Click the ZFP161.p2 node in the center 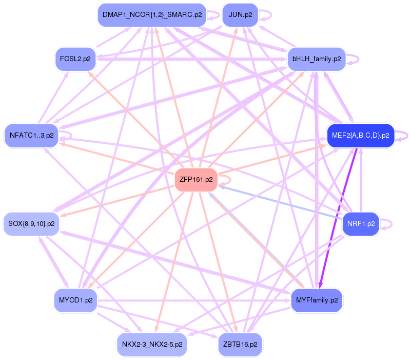pyautogui.click(x=196, y=180)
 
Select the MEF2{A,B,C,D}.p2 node pyautogui.click(x=360, y=136)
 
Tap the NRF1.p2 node pyautogui.click(x=361, y=224)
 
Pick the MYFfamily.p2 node pyautogui.click(x=317, y=300)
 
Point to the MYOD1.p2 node pyautogui.click(x=75, y=300)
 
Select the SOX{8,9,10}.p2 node pyautogui.click(x=31, y=224)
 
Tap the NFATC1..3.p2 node pyautogui.click(x=31, y=136)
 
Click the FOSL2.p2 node pyautogui.click(x=75, y=59)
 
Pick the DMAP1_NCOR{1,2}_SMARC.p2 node pyautogui.click(x=152, y=15)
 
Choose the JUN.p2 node pyautogui.click(x=240, y=15)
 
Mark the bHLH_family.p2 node pyautogui.click(x=317, y=59)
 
